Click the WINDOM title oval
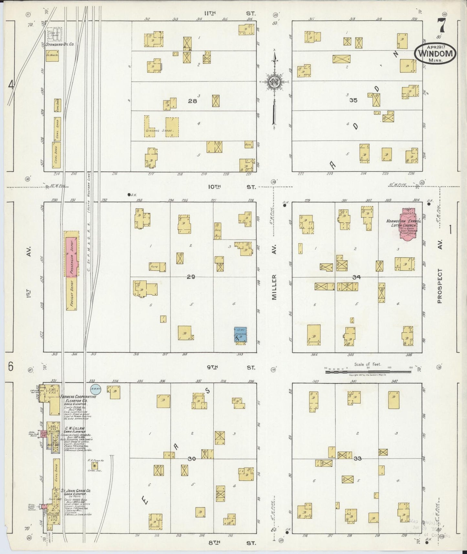point(435,53)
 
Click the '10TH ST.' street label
point(230,187)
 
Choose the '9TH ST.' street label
point(230,368)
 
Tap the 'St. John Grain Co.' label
point(76,500)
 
